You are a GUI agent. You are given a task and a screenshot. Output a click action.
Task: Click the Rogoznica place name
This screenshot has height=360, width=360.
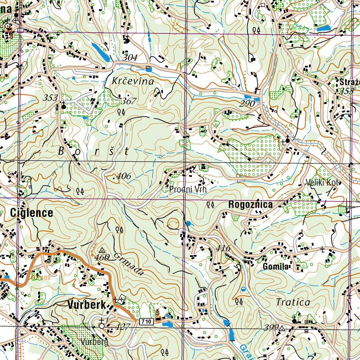(250, 205)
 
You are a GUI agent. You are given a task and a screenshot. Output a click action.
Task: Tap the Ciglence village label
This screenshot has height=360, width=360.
(32, 213)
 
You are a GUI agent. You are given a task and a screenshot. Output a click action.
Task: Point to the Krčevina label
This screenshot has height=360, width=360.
(133, 81)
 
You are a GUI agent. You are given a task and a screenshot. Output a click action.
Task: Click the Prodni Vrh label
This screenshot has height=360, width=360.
(187, 189)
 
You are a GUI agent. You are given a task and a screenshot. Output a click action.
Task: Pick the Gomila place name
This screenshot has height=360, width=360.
(276, 267)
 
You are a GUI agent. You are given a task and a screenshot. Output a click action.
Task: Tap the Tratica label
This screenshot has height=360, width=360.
(293, 302)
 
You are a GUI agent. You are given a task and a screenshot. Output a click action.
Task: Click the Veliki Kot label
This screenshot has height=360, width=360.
(322, 183)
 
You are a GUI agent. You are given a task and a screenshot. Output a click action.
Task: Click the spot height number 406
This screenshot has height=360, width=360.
(123, 176)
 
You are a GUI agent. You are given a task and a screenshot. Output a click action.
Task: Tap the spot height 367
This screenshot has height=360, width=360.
(129, 102)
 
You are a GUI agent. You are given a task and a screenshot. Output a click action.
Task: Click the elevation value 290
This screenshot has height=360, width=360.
(247, 104)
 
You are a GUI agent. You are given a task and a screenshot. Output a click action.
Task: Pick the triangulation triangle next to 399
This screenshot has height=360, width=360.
(282, 329)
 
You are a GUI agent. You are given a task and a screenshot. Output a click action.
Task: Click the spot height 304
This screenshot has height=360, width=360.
(130, 58)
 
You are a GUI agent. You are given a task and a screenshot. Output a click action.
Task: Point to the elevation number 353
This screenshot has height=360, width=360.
(51, 98)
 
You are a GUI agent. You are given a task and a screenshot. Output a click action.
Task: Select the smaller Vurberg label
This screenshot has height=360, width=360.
(94, 342)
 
